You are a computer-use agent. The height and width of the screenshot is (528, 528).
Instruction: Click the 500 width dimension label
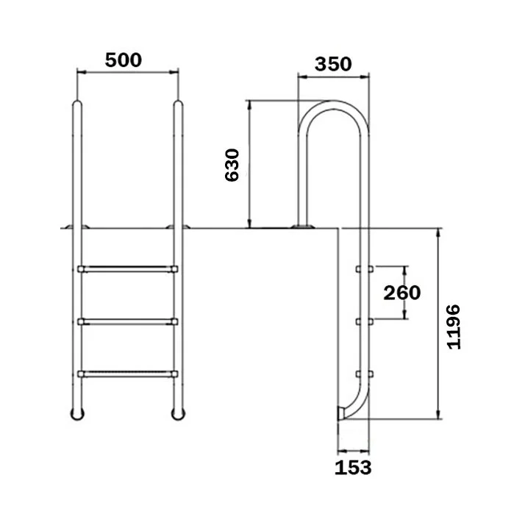124,60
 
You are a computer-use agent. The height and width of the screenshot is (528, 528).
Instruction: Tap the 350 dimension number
333,64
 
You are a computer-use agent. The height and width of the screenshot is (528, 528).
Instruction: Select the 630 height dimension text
232,165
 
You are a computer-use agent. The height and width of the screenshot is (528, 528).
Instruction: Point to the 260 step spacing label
402,293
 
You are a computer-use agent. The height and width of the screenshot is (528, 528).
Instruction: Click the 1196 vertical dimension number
453,327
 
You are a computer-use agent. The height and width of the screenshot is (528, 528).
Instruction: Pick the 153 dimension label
353,468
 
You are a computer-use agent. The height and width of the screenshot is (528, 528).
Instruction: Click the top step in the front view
128,269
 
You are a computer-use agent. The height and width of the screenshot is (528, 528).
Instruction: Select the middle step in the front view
128,321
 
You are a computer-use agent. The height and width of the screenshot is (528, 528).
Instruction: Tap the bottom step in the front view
128,374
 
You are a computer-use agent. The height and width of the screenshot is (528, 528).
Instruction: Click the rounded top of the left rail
77,103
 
